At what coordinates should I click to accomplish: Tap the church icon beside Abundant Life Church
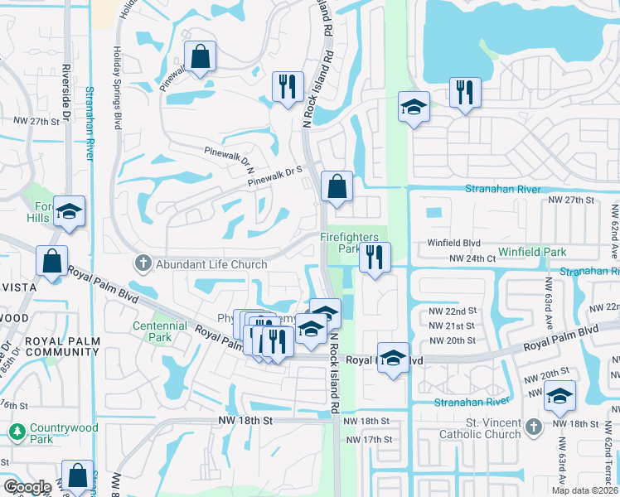pos(143,264)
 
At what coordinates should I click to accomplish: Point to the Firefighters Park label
pos(349,242)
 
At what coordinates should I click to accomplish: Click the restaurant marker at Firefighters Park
pos(375,257)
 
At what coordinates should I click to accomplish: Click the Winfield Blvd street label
pos(453,243)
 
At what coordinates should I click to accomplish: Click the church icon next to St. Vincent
pos(534,427)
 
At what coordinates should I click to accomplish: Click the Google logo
pos(27,487)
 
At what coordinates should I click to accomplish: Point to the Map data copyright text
pos(585,490)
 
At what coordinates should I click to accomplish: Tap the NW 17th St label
pos(365,439)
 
